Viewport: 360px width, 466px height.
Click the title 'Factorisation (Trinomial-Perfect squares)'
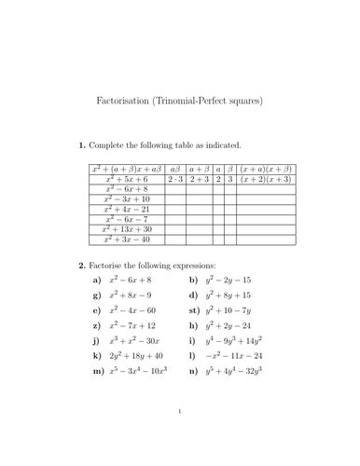180,98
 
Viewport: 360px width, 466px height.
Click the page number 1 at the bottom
180,434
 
